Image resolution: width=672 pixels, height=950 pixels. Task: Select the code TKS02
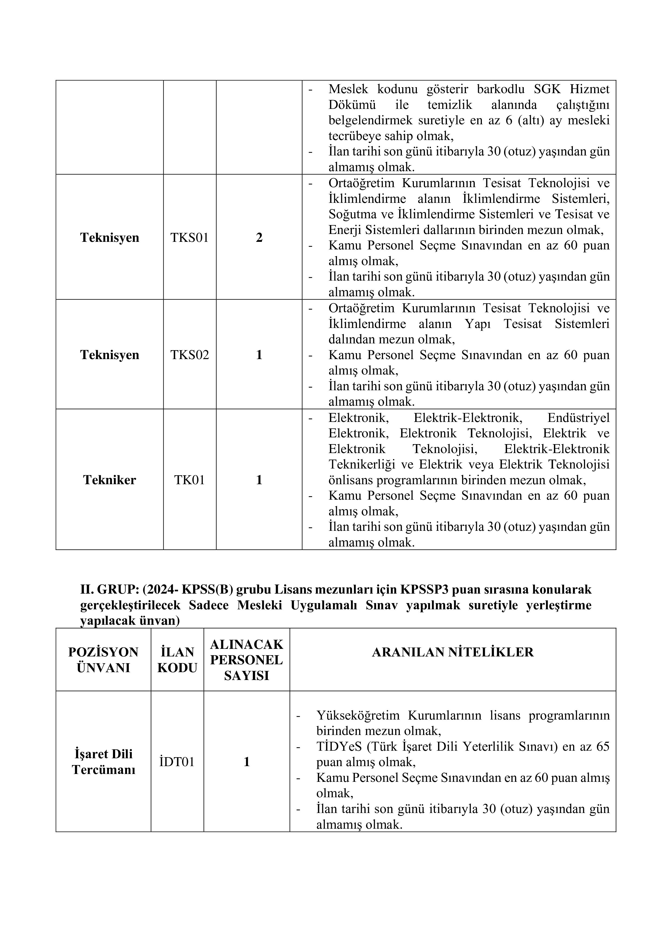190,355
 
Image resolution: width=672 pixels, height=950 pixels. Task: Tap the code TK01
190,480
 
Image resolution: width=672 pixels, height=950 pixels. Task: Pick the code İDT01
177,762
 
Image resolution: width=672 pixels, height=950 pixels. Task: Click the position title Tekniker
110,480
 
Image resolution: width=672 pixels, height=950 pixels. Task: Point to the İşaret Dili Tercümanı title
103,762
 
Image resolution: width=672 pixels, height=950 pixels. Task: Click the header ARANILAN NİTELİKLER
453,652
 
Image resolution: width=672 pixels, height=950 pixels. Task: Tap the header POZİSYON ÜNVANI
103,660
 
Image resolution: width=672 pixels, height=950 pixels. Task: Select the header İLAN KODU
177,660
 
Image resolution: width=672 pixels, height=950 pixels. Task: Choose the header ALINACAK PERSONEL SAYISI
247,660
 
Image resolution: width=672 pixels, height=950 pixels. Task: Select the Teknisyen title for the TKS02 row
110,355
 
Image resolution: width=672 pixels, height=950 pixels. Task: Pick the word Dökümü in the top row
352,105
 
